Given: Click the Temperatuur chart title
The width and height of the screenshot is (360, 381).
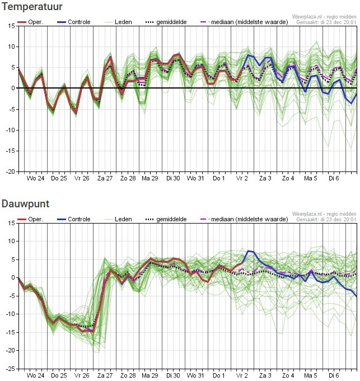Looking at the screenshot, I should coord(31,7).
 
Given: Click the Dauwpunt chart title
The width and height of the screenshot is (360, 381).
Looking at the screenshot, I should coord(25,204).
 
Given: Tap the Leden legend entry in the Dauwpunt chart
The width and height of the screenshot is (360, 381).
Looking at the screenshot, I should coord(123,219).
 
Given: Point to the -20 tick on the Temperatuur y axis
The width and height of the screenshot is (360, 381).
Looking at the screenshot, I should coord(11,172).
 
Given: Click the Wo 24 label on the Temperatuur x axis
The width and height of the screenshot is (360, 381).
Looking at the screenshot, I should coord(35,179).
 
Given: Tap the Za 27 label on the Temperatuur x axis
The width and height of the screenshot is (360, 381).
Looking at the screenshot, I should coord(105,179).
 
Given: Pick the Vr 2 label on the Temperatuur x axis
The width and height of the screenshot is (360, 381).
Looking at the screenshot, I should coord(242,179).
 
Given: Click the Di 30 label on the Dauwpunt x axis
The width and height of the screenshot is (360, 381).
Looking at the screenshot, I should coord(173,375).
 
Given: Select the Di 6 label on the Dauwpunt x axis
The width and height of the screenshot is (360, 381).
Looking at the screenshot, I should coord(334,375).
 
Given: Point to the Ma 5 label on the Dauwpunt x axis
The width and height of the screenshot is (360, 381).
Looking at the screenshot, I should coord(311,375).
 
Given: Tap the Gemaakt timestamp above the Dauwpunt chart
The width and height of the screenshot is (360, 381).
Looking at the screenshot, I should coord(326,220).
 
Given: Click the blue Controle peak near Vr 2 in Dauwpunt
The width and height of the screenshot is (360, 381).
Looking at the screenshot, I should coord(248,251).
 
